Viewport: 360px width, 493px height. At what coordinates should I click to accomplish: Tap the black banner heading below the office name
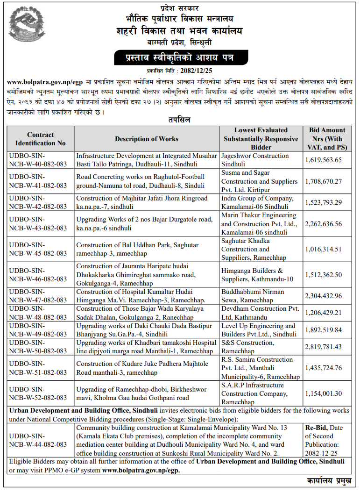pos(180,58)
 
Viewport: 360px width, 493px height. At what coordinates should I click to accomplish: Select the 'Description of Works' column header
pos(147,139)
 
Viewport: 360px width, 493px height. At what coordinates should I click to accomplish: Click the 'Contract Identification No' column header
pos(41,139)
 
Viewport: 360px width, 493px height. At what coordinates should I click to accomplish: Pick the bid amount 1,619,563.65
pos(323,160)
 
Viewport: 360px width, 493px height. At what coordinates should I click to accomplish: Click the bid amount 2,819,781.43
pos(323,347)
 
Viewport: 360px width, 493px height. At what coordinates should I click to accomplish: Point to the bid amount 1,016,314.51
pos(323,249)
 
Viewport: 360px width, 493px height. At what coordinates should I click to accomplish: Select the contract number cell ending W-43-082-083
pos(41,224)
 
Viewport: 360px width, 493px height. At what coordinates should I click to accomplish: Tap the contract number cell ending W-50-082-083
pos(41,347)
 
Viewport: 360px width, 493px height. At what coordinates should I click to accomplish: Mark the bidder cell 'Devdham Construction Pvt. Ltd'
pos(260,313)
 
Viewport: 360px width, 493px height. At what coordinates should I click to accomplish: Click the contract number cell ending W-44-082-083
pos(41,440)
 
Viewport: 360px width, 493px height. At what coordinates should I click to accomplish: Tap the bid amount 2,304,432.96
pos(323,296)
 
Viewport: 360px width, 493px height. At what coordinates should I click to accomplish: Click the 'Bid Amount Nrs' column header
pos(327,138)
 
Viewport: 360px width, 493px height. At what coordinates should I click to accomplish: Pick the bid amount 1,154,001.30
pos(323,393)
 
